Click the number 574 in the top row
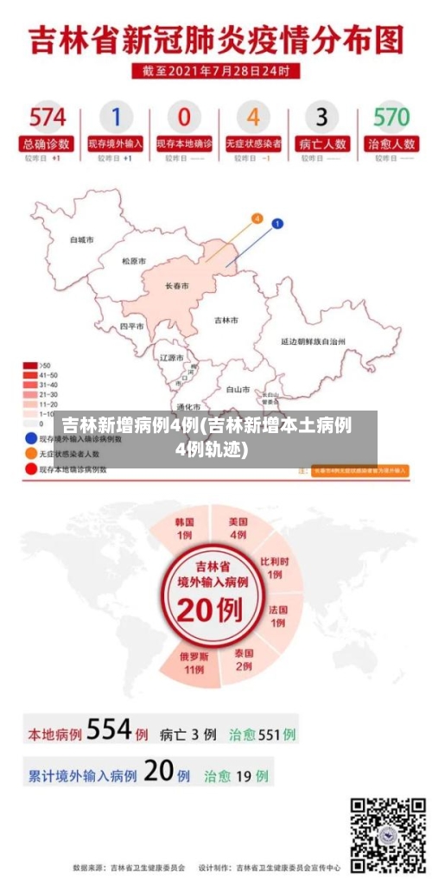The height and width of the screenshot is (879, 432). [48, 117]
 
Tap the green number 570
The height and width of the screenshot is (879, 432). [391, 117]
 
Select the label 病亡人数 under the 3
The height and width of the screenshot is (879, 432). [321, 143]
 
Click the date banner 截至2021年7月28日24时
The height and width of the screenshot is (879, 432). [216, 71]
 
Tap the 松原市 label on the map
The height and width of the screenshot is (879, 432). [134, 260]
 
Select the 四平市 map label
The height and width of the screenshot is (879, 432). [132, 327]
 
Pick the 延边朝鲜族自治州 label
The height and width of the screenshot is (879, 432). [313, 342]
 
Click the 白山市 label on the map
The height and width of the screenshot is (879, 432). [238, 390]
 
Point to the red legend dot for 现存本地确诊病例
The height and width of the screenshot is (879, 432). [30, 469]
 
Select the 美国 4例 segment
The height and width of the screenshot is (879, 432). [238, 528]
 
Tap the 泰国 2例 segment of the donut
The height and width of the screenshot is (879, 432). [244, 659]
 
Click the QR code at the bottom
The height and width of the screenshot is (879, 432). [388, 834]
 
